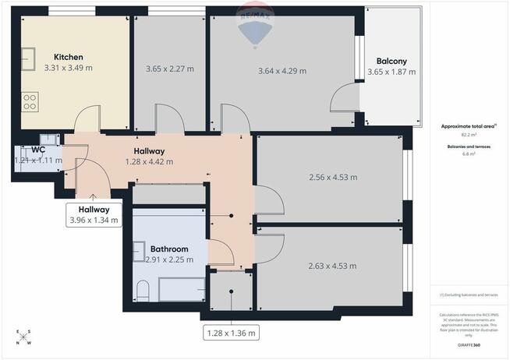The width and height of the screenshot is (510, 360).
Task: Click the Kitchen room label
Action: point(68,57)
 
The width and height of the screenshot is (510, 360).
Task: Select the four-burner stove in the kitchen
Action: point(30,102)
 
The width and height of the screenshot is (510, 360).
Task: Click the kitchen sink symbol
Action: point(30,56)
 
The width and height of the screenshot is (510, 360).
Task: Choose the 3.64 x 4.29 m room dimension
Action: point(282,71)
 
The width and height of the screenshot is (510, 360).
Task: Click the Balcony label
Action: point(391,61)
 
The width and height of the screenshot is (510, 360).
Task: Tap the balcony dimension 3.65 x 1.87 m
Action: point(391,73)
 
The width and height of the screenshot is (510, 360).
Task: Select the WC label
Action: point(37,149)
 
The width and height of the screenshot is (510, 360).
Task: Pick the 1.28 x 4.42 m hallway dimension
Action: point(149,162)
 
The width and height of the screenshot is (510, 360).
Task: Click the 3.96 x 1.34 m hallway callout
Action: point(94,215)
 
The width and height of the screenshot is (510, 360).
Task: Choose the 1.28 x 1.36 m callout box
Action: point(231,333)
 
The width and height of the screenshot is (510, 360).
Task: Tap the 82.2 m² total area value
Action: point(469,135)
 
